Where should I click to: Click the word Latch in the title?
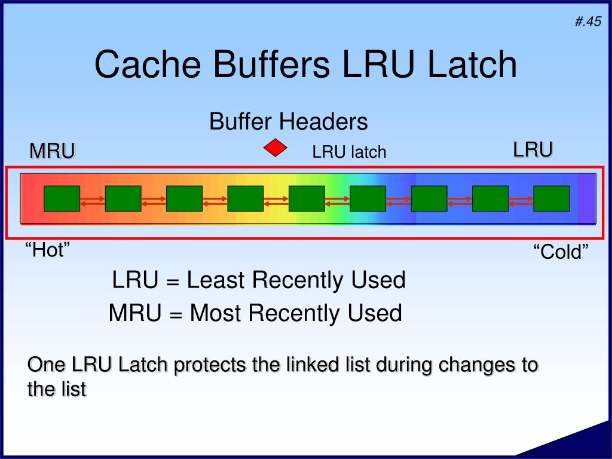pos(472,65)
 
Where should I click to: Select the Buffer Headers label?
pos(288,122)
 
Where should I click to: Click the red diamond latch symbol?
pos(276,148)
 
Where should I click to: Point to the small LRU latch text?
pos(349,152)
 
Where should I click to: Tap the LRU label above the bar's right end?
pos(533,149)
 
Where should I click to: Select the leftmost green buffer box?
pos(62,198)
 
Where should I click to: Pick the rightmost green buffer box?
pos(551,198)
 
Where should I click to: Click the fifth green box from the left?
pos(307,198)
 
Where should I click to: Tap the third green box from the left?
pos(184,198)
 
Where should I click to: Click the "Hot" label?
pos(47,250)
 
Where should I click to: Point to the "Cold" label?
pos(561,252)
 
